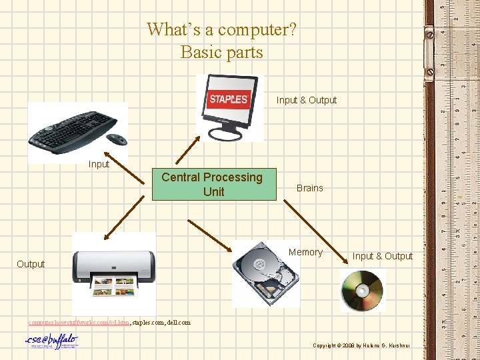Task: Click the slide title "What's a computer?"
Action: coord(221,29)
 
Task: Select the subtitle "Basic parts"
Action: coord(221,52)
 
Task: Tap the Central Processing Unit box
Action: coord(213,185)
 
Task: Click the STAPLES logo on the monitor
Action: coord(229,99)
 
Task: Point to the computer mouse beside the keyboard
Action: coord(117,139)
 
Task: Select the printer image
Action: coord(114,273)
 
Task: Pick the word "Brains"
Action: coord(309,188)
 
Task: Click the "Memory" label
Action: coord(305,252)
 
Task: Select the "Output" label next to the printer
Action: coord(31,264)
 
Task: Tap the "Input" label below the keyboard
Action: coord(99,164)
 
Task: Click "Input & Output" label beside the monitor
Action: coord(307,100)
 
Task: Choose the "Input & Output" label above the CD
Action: coord(382,256)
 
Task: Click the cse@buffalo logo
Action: coord(51,342)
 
